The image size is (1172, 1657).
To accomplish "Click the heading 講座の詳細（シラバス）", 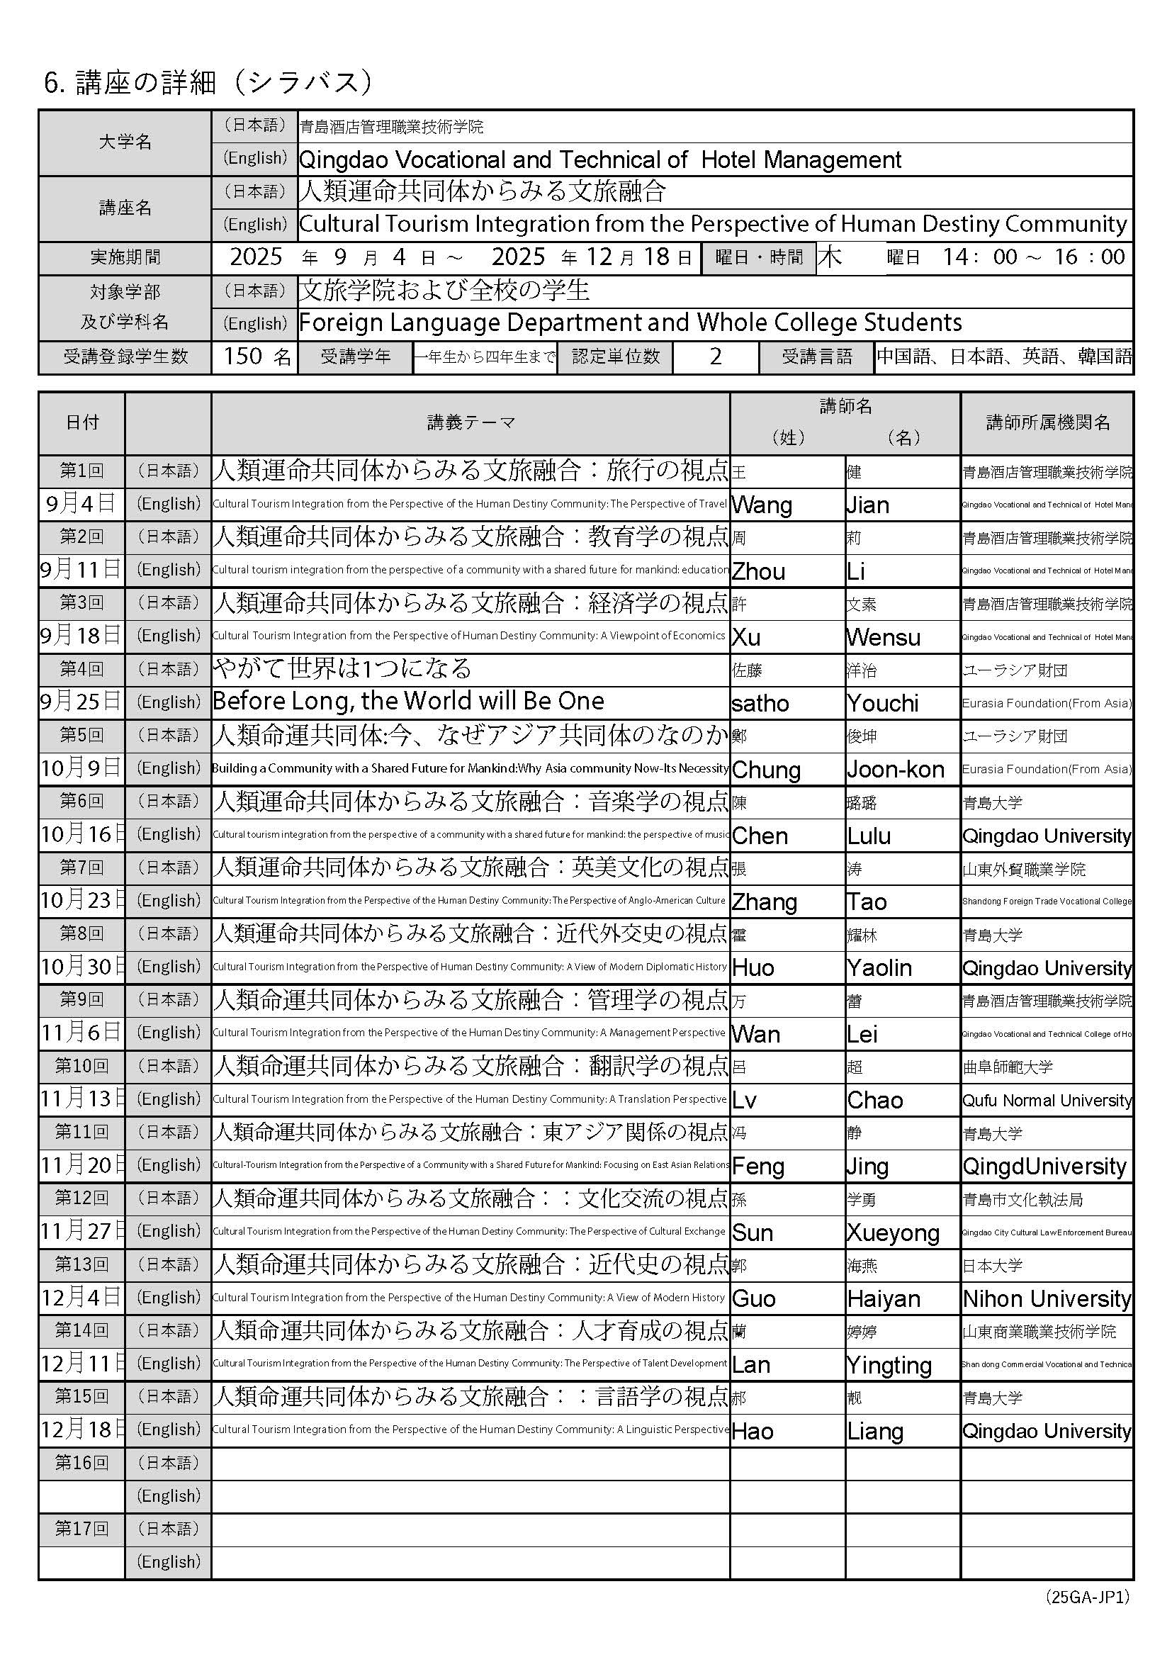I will (x=208, y=83).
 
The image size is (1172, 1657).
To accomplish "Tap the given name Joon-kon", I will (x=895, y=770).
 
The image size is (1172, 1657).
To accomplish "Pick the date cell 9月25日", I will (x=81, y=702).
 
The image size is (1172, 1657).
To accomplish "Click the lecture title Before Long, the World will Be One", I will (x=408, y=701).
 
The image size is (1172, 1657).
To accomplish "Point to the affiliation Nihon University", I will (x=1047, y=1299).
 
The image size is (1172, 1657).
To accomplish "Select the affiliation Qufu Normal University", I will (x=1047, y=1101).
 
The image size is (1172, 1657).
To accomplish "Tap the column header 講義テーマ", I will (x=471, y=423).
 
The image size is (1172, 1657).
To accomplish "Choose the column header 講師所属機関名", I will (x=1047, y=423).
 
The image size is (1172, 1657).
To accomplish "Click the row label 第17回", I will (x=81, y=1529).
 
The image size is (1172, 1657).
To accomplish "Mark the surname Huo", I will (x=753, y=968).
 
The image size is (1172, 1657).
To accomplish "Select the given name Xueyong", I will (x=893, y=1233).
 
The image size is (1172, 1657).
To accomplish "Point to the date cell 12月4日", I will (x=81, y=1298).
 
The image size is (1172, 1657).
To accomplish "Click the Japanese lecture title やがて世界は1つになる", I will (x=342, y=668).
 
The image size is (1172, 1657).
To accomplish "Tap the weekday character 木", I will (x=830, y=258).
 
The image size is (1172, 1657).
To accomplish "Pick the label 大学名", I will (x=125, y=142).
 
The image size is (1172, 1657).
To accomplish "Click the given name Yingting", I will (x=889, y=1366).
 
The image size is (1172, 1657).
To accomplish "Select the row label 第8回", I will (x=81, y=934).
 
